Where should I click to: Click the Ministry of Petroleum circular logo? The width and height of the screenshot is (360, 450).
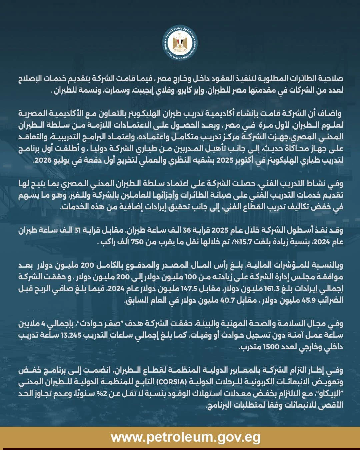click(x=180, y=45)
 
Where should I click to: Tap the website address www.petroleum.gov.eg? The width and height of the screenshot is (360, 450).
click(x=186, y=437)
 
